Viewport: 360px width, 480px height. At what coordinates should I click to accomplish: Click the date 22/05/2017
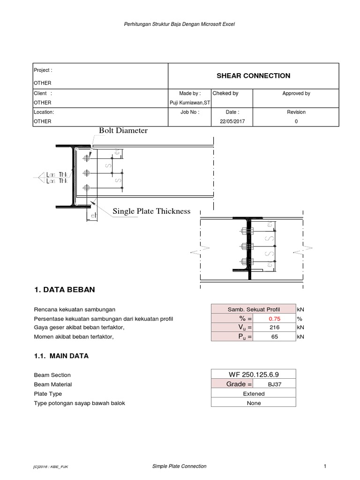point(232,121)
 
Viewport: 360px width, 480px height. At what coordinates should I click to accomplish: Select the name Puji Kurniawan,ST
point(189,103)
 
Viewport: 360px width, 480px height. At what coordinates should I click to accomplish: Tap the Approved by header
point(296,93)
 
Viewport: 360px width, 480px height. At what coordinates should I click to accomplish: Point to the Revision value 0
point(296,121)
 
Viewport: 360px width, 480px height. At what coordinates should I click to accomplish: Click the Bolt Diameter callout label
point(123,131)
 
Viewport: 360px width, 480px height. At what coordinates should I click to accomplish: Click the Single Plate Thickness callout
point(151,211)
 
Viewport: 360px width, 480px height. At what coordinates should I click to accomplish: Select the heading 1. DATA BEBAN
point(64,290)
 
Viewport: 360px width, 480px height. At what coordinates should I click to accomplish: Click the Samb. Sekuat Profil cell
point(253,310)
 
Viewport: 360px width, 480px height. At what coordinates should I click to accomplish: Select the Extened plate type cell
point(253,394)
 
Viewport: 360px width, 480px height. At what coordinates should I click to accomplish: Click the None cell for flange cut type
point(253,403)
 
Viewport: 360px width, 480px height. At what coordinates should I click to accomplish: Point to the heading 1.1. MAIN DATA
point(61,356)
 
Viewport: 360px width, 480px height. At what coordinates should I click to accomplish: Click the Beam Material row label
point(52,384)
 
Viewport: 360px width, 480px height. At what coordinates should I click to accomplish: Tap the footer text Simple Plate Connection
point(180,466)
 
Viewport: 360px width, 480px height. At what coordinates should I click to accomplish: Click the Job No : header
point(189,112)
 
